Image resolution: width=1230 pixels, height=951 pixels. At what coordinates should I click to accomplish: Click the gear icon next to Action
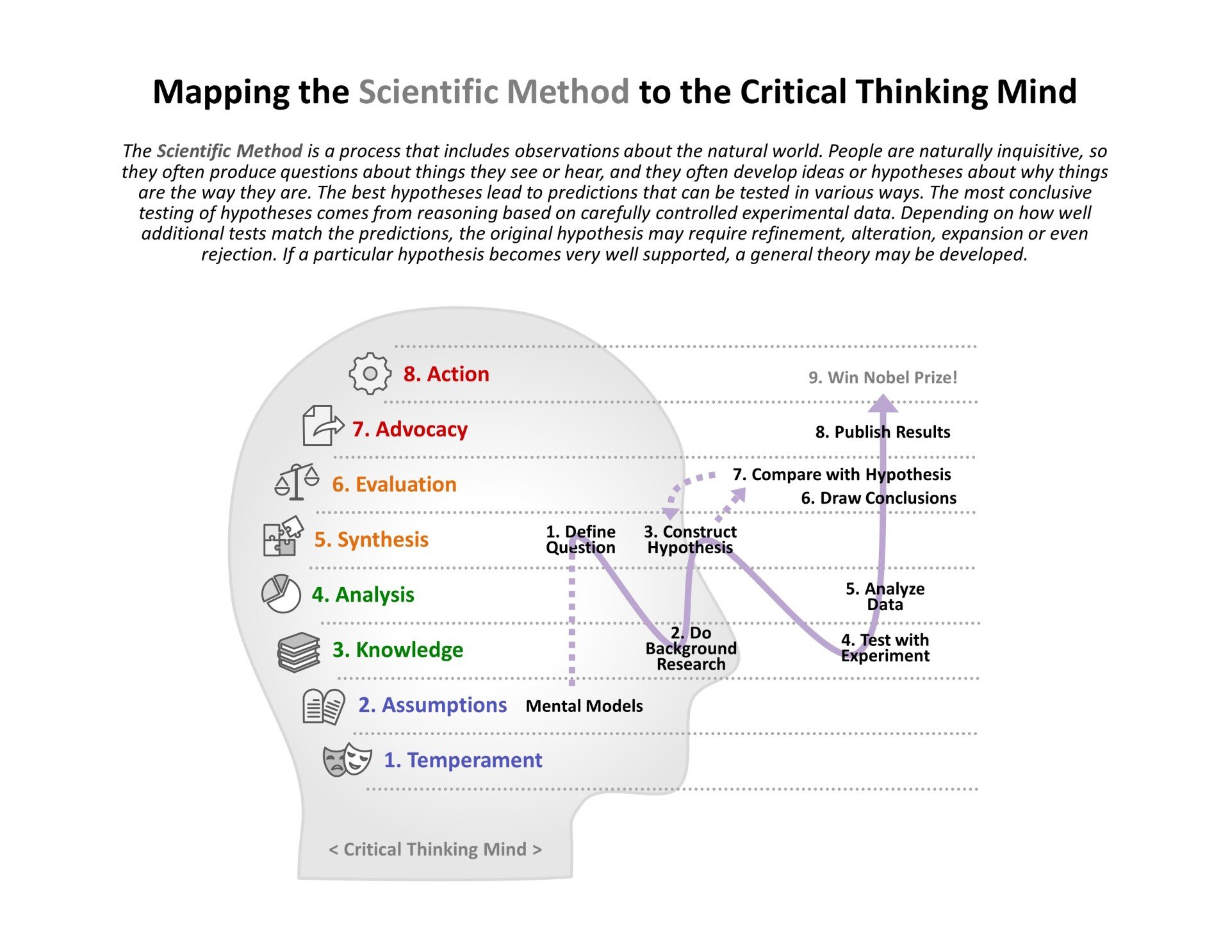click(x=370, y=374)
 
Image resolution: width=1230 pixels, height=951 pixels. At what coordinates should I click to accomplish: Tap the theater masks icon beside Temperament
click(x=347, y=760)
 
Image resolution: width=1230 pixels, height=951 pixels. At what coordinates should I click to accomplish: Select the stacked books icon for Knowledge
click(x=299, y=652)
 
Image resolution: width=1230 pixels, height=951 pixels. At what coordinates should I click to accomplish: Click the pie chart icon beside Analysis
click(x=281, y=594)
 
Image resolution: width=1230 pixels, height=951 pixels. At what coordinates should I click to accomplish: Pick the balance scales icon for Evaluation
click(x=297, y=482)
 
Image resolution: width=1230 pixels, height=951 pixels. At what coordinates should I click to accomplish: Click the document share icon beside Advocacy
click(x=322, y=426)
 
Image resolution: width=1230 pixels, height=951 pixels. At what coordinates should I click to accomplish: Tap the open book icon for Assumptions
click(x=324, y=706)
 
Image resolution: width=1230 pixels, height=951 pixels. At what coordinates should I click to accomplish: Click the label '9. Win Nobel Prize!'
click(x=883, y=377)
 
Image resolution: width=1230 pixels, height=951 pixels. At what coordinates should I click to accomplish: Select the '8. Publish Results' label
click(x=882, y=432)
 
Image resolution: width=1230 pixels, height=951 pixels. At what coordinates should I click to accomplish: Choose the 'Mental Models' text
click(x=584, y=706)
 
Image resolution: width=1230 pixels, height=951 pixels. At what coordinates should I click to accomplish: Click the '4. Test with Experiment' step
click(x=885, y=648)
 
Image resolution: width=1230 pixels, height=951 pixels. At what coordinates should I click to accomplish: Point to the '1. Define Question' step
click(x=580, y=540)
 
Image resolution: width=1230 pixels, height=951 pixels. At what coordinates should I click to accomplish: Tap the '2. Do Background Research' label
click(x=691, y=649)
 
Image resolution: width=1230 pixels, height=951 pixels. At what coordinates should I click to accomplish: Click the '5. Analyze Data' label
click(x=885, y=597)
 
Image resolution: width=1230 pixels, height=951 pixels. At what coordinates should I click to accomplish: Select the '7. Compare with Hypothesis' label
click(x=842, y=475)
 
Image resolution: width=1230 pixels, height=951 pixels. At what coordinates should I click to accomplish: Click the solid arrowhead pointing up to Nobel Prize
click(x=883, y=404)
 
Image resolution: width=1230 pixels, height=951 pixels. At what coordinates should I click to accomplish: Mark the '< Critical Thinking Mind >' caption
click(x=435, y=850)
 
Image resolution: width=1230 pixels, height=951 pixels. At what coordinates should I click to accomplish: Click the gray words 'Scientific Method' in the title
click(x=493, y=92)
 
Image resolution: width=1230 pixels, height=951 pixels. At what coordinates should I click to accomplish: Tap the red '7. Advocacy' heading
click(x=409, y=429)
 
